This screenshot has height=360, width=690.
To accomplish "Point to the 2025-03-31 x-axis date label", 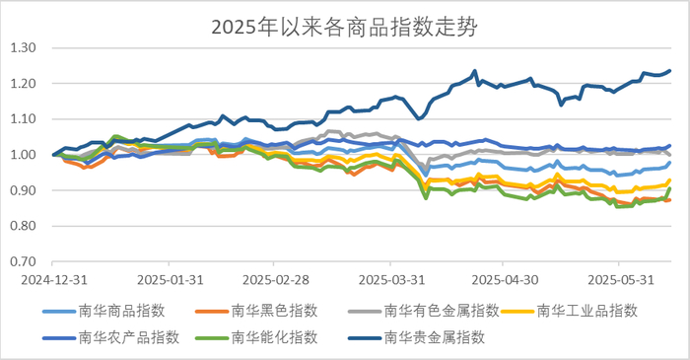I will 392,279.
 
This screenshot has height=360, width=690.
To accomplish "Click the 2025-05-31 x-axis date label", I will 617,279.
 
